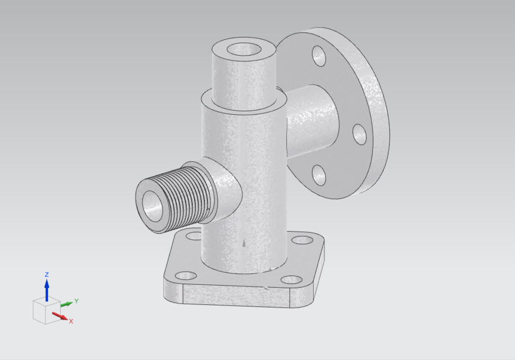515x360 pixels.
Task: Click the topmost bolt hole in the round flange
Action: pos(319,56)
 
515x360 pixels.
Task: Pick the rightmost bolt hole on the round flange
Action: pos(360,133)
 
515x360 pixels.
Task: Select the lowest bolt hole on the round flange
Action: pos(319,175)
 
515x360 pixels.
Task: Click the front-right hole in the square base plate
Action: pos(290,279)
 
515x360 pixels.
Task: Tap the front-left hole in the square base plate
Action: pos(184,276)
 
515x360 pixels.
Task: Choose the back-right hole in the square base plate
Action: pos(303,240)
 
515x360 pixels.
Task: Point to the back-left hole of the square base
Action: pos(193,236)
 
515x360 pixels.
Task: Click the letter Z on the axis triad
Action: pos(47,274)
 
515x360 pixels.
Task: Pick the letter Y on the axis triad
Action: pos(76,301)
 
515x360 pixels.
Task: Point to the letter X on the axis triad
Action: pos(71,321)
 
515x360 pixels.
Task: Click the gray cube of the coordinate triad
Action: pos(44,311)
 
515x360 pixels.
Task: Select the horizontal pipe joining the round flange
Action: pos(312,118)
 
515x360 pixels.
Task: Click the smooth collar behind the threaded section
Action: pos(225,188)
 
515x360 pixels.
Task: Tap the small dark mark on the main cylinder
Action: pos(243,244)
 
